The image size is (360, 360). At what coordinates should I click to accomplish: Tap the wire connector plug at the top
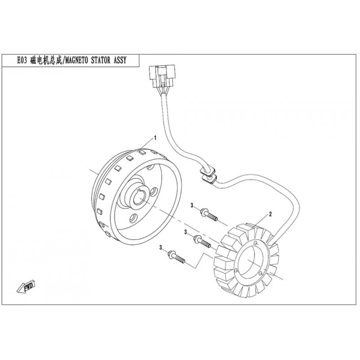(x=162, y=76)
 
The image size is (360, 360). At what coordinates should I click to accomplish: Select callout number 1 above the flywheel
(x=155, y=138)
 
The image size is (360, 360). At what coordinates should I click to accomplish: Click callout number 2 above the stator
(x=270, y=214)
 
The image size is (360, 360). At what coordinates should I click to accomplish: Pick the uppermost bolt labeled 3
(x=209, y=215)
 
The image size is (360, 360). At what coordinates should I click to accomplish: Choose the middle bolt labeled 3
(x=202, y=241)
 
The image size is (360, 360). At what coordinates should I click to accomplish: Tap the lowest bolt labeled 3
(x=176, y=256)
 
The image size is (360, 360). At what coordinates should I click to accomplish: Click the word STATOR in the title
(x=101, y=60)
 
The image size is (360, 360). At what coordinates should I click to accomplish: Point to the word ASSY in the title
(x=120, y=60)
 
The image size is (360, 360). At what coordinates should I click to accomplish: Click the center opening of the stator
(x=249, y=261)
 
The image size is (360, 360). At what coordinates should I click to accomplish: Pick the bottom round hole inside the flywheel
(x=133, y=218)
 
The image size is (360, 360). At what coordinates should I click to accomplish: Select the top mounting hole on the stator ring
(x=256, y=243)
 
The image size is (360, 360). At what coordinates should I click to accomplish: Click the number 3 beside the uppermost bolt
(x=192, y=206)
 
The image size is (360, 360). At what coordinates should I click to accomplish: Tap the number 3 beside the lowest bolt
(x=161, y=247)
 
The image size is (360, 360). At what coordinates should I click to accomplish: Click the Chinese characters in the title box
(x=46, y=60)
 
